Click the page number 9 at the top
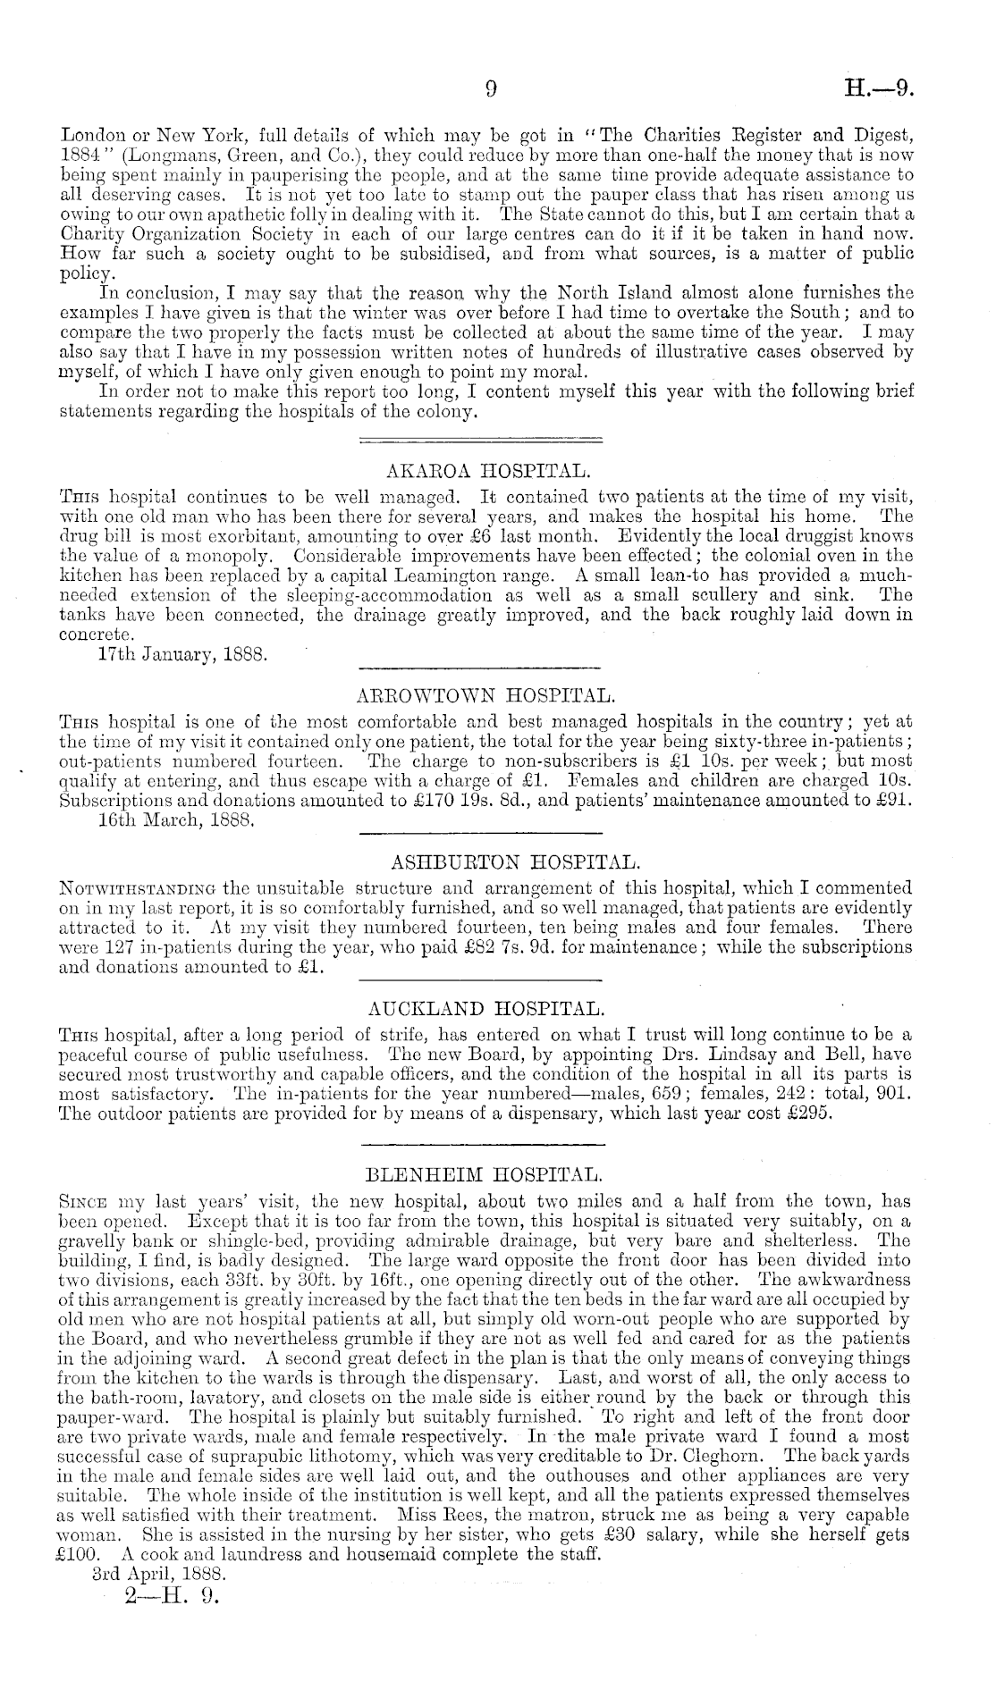coord(490,88)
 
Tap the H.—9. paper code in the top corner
coord(880,88)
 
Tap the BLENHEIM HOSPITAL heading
coord(485,1172)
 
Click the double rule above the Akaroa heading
coord(479,439)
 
